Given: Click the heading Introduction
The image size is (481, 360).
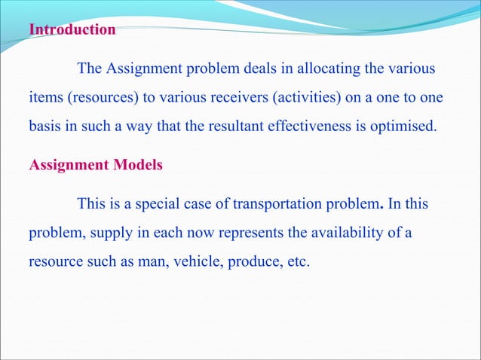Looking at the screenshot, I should point(72,31).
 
